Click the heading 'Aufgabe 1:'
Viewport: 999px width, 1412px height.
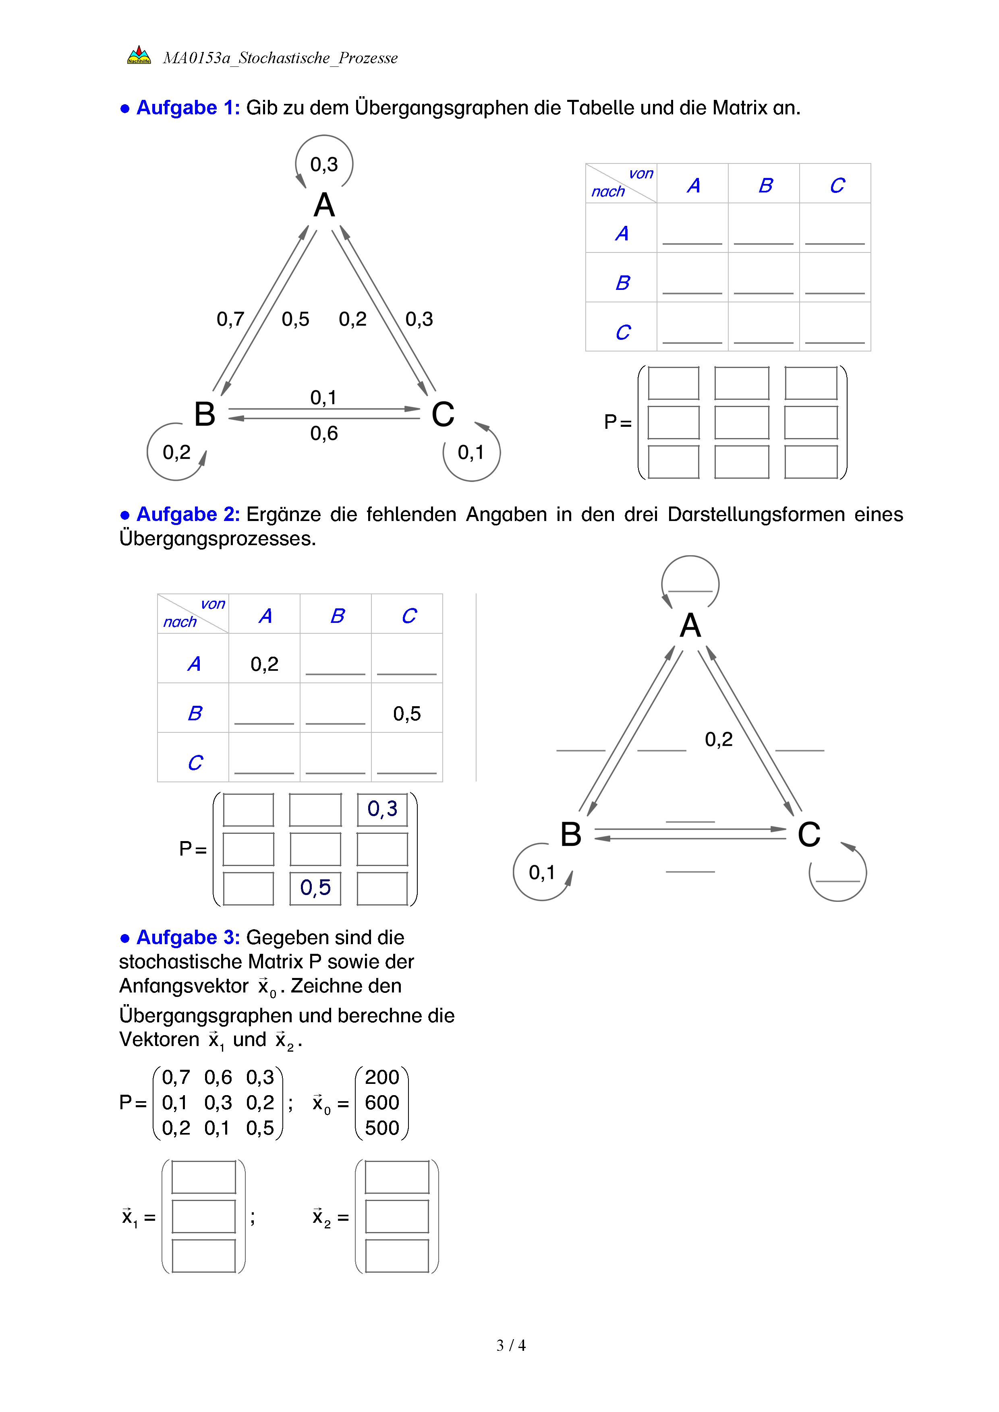[x=188, y=108]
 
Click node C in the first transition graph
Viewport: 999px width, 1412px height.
[x=443, y=414]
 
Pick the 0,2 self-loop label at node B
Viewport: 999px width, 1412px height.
[x=176, y=453]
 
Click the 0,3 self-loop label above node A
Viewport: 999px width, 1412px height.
[x=324, y=165]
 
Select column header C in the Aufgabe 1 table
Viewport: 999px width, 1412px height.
[x=837, y=185]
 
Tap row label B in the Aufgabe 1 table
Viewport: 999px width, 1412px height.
[x=622, y=283]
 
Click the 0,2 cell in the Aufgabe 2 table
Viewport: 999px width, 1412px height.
[x=265, y=664]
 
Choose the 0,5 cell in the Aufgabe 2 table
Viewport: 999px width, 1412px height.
[x=406, y=713]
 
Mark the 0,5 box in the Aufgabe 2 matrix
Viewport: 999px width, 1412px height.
[x=315, y=887]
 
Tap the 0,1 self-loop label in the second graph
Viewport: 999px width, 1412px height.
[x=542, y=872]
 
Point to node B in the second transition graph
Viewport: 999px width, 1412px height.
[x=571, y=835]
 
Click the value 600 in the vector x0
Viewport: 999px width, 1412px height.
[x=382, y=1103]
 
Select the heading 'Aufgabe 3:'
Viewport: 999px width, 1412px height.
[x=188, y=937]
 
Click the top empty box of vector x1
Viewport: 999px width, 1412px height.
[x=203, y=1177]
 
